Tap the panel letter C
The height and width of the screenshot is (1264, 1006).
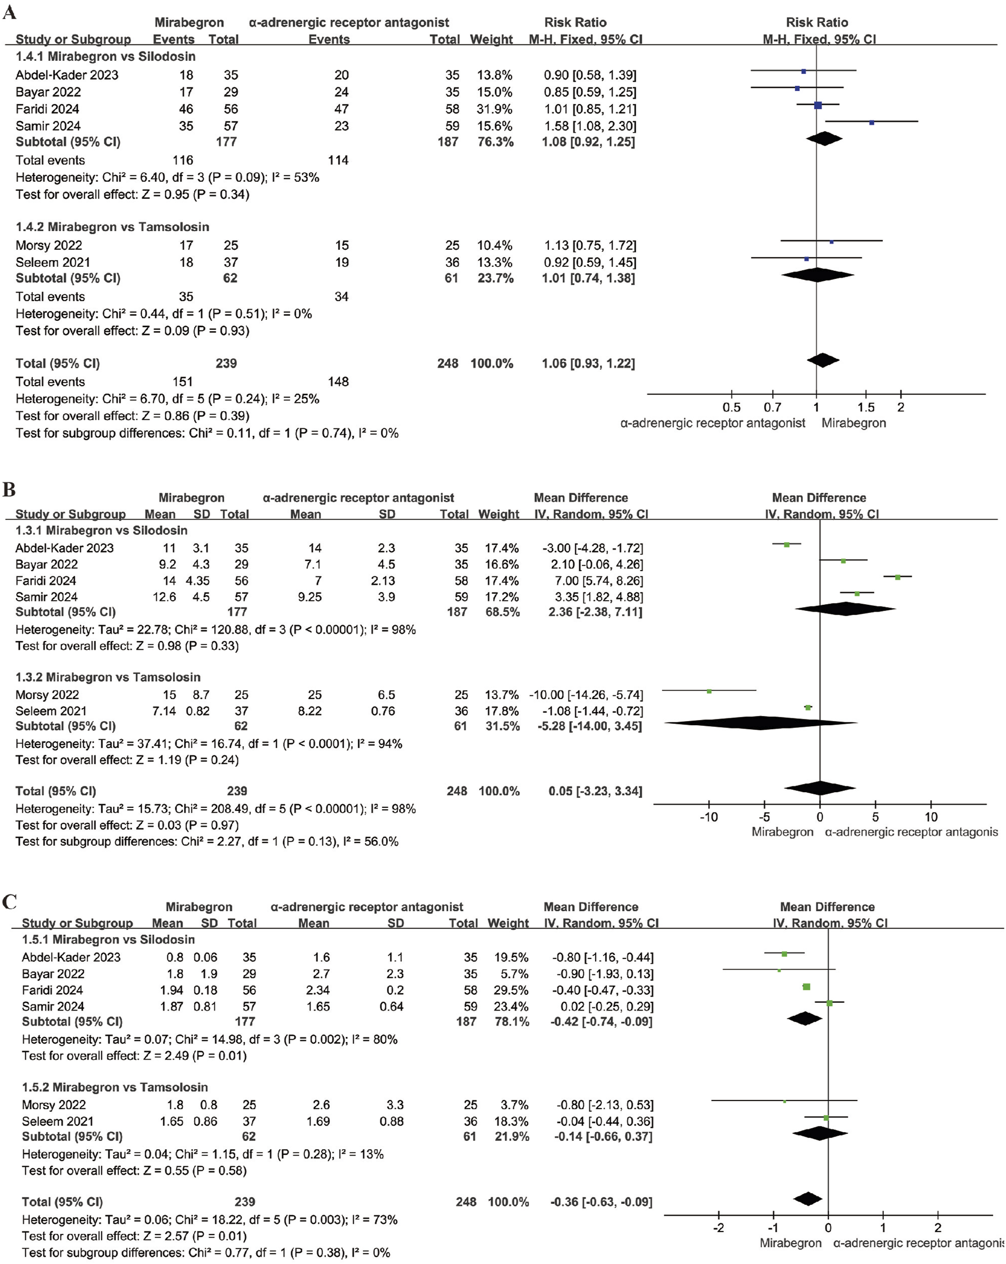(x=10, y=901)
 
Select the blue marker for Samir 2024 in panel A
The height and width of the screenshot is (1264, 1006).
(x=872, y=123)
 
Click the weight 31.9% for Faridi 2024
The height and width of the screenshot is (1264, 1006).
(x=496, y=109)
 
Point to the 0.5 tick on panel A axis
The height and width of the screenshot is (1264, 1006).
(x=731, y=407)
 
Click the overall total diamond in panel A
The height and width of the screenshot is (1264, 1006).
(x=823, y=361)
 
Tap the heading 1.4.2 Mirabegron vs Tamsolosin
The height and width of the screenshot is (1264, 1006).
(x=112, y=227)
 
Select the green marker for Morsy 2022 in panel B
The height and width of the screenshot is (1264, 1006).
(x=709, y=691)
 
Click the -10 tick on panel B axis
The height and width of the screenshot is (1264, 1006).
(x=709, y=817)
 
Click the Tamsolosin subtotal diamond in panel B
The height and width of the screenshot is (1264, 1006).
(x=760, y=723)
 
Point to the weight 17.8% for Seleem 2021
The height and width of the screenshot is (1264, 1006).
(x=501, y=710)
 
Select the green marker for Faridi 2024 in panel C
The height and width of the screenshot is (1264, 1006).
(x=806, y=987)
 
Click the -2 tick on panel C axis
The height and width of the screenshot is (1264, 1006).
(x=718, y=1228)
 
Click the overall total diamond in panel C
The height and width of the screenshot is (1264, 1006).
(x=808, y=1199)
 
